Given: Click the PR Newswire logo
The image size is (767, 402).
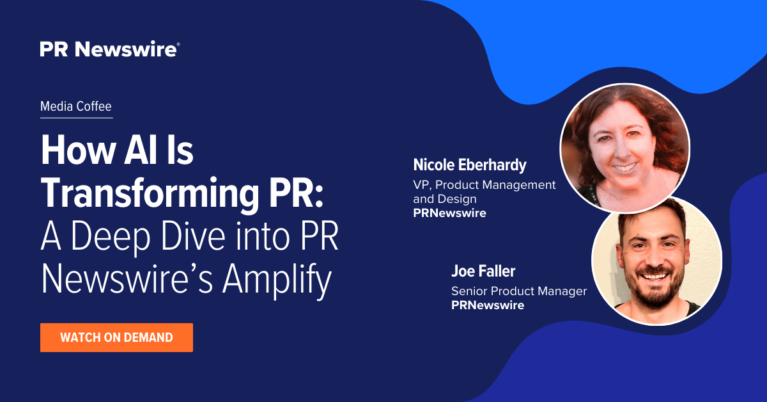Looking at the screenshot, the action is pos(109,49).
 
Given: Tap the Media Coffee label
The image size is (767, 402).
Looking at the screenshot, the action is pos(75,106).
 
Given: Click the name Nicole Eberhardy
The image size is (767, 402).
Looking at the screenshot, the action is pos(469,165).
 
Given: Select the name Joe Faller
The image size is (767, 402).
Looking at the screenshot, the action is pos(483,271).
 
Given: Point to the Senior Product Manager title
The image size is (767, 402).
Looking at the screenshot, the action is pos(519,291).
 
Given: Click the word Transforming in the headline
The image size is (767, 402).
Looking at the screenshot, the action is pos(150,193).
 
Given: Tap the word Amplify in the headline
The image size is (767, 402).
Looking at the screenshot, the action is pos(277,278).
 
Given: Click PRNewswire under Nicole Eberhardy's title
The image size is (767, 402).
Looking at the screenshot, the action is pos(449,213).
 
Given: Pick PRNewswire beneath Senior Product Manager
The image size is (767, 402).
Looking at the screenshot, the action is pos(488,305).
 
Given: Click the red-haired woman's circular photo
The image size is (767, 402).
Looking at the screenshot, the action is pos(624,148).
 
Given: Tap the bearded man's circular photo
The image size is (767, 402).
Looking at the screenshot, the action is pos(657,261).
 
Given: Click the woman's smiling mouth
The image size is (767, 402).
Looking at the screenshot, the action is pos(625,168).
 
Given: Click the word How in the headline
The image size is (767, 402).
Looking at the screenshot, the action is pos(78,150).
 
